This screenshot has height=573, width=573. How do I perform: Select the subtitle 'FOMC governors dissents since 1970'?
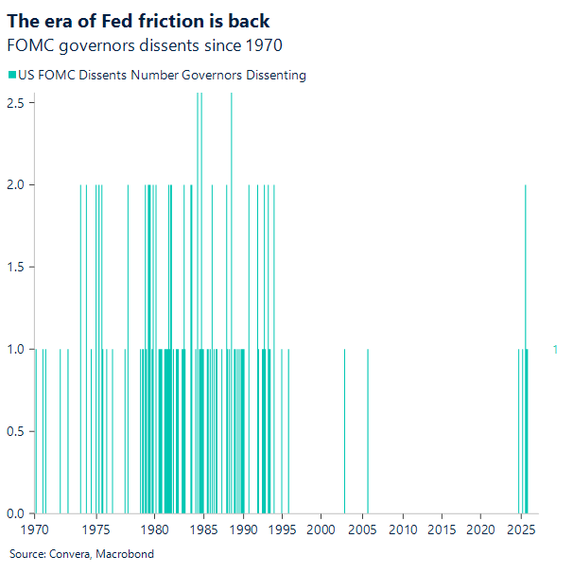coord(144,45)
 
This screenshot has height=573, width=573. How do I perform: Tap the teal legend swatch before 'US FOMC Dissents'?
coord(11,75)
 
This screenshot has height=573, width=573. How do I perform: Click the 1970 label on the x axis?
coord(36,530)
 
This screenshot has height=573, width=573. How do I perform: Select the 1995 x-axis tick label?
coord(281,530)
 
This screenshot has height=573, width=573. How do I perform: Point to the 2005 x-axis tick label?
coord(362,530)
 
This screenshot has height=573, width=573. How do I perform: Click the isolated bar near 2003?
coord(344,431)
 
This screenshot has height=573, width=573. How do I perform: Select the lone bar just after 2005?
coord(368,431)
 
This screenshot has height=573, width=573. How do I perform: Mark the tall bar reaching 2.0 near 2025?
coord(526,284)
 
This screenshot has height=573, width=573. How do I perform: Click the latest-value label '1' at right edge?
coord(555,350)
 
